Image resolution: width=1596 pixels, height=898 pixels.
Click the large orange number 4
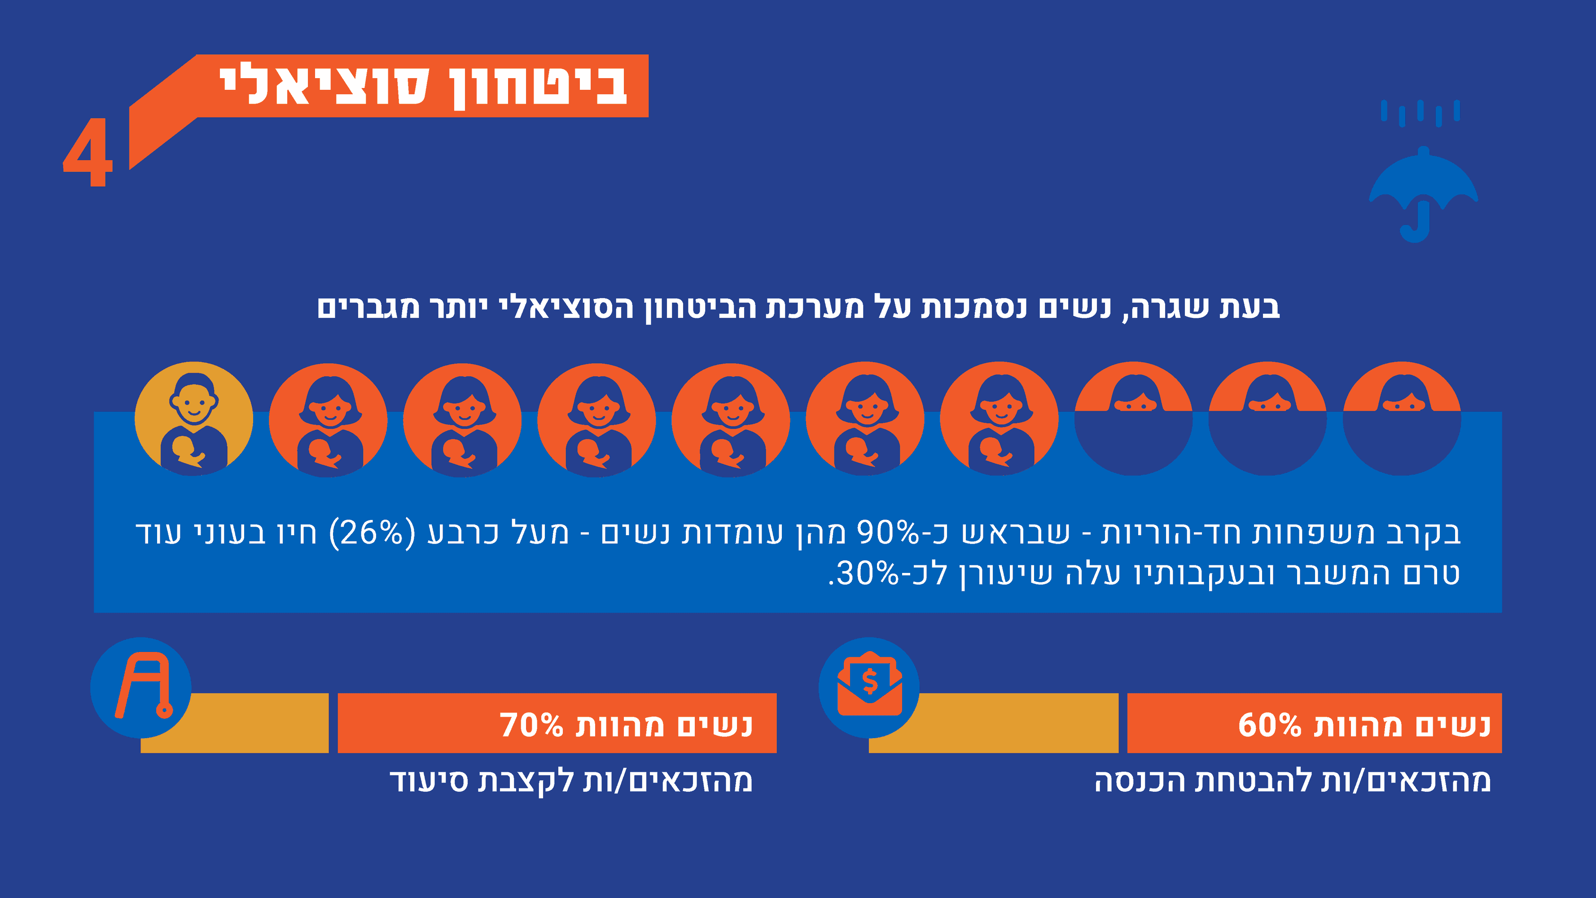pos(88,153)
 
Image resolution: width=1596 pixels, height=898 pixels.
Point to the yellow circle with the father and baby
pos(194,419)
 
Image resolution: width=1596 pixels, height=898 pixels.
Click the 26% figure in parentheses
pos(372,533)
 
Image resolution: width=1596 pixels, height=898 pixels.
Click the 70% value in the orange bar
pos(531,725)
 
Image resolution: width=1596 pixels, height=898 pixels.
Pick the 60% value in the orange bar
pos(1270,725)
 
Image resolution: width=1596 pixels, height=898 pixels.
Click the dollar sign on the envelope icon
pos(870,681)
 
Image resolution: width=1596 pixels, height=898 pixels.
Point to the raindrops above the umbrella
pos(1420,113)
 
